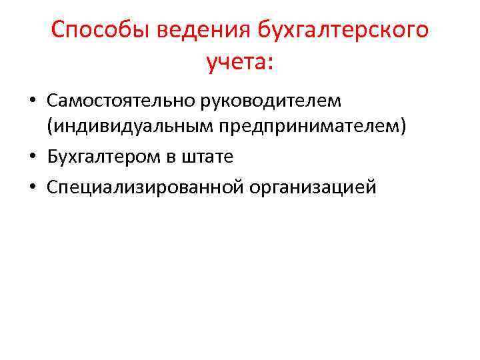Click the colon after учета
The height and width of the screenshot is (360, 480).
269,63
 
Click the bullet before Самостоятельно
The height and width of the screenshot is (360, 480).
32,101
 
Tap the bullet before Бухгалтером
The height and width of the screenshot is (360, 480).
32,158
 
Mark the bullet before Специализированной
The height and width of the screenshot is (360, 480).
32,188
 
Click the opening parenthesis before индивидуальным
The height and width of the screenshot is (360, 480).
50,127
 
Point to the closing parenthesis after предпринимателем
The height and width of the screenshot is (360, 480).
402,127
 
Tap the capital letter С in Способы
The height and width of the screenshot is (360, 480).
59,30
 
